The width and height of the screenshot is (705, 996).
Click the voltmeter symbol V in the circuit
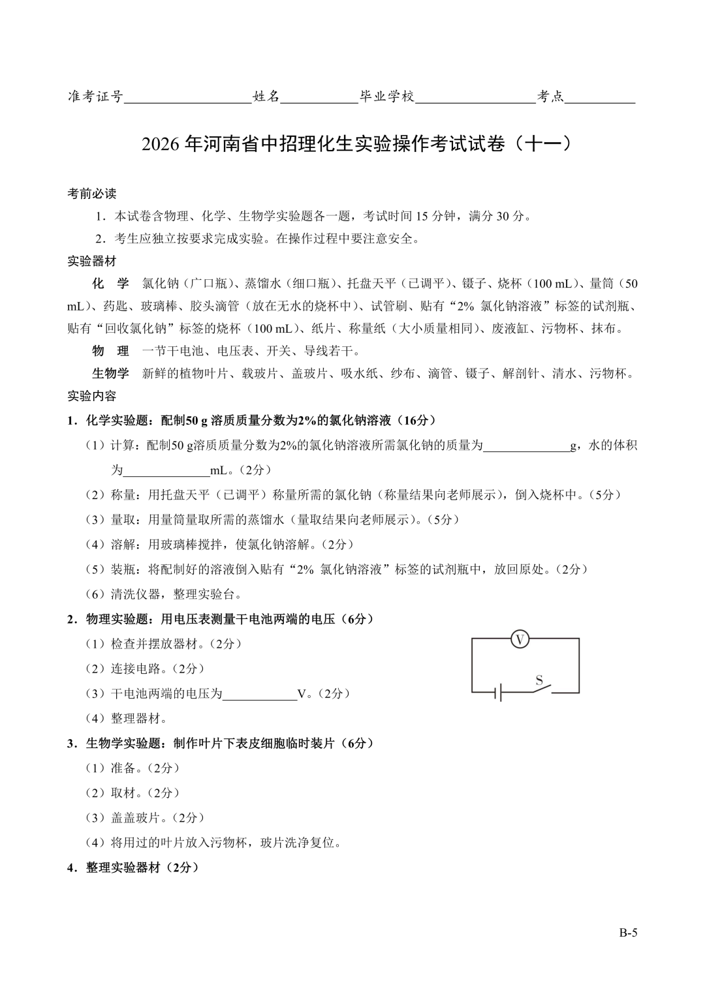(x=520, y=639)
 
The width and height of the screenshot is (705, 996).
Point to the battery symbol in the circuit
(x=498, y=692)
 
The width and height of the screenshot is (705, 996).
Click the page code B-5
(x=628, y=932)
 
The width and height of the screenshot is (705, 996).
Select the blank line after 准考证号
(x=188, y=98)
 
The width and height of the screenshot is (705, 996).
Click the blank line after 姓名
(x=319, y=98)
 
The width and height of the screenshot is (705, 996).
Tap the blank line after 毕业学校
(x=476, y=98)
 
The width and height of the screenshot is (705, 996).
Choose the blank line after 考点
(x=601, y=98)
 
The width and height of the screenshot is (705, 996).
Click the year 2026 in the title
(x=161, y=144)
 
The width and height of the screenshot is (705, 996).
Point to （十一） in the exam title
(x=542, y=143)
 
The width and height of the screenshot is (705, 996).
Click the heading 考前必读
(x=92, y=194)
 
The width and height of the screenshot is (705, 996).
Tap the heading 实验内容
(x=92, y=396)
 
